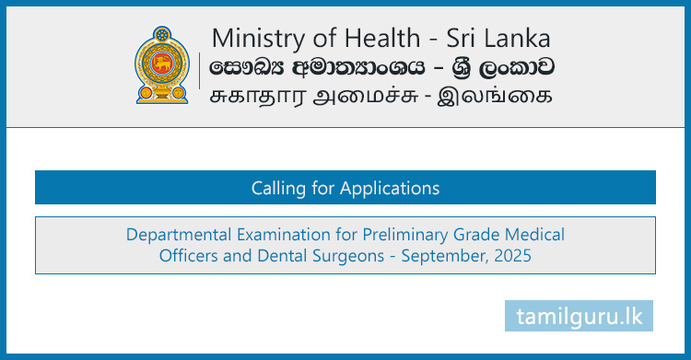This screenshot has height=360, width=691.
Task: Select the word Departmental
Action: [175, 235]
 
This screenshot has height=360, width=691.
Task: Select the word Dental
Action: [273, 256]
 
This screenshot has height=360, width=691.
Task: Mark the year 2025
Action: [512, 256]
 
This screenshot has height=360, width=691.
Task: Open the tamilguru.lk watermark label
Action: [579, 315]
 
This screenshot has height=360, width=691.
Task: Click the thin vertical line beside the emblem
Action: [199, 66]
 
